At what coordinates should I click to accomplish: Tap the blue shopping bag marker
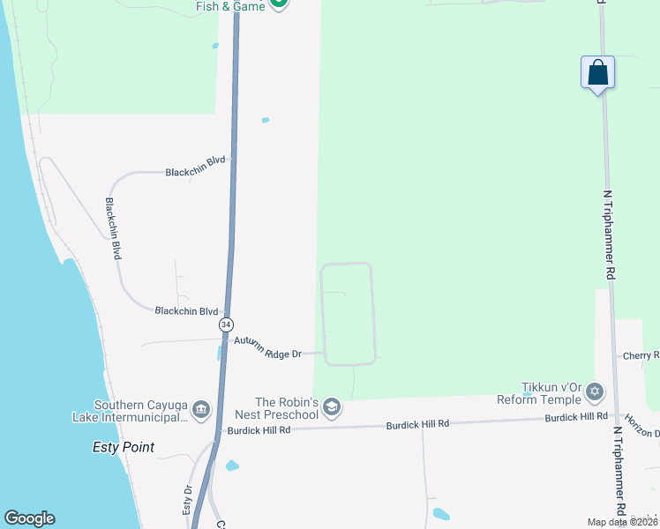[597, 72]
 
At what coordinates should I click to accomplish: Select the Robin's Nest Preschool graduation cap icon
[332, 406]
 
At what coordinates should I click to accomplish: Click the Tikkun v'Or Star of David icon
[595, 391]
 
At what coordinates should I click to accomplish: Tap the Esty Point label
[124, 447]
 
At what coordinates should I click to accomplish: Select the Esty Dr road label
[187, 500]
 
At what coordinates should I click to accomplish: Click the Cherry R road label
[641, 355]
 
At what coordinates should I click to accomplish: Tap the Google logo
[29, 518]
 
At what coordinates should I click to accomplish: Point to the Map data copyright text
[621, 522]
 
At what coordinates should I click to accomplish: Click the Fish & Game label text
[230, 5]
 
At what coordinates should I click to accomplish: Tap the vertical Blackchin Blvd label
[113, 227]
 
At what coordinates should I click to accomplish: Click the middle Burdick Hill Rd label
[417, 424]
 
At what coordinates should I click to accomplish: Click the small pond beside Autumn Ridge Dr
[219, 353]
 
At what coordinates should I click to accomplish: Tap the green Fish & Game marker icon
[279, 3]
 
